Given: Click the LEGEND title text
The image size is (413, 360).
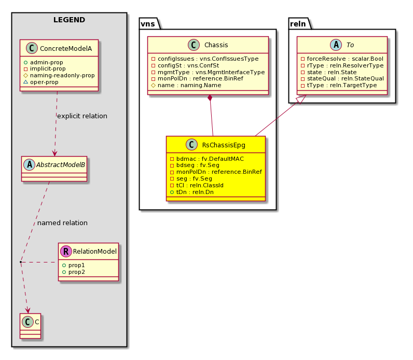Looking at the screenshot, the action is pos(69,20).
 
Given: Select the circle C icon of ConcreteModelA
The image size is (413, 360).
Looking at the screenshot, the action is pos(32,48).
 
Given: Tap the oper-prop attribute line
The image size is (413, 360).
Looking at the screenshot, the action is pos(41,82).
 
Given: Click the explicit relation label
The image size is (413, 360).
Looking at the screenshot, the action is pos(82,116).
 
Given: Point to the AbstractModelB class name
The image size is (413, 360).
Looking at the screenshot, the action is pos(61,165).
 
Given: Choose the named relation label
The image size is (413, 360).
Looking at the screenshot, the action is pos(62,223).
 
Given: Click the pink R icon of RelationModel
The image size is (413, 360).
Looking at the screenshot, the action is pos(66,252).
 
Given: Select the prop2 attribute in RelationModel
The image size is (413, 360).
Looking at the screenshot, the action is pos(74,272).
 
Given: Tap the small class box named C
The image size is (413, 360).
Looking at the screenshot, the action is pos(30,326).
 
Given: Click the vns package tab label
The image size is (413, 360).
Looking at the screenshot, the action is pos(148,24).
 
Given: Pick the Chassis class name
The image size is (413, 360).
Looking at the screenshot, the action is pos(216,45).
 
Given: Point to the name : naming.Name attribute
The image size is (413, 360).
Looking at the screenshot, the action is pos(186,85).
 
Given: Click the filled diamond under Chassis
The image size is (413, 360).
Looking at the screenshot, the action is pos(210,98).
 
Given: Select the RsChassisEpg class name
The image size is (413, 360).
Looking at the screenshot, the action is pos(224,145).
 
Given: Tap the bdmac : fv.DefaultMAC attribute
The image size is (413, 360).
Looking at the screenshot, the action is pos(207,159).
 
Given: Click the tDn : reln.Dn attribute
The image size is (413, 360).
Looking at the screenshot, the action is pos(192,192).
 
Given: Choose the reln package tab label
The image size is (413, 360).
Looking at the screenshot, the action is pos(298,24).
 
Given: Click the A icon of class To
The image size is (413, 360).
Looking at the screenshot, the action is pos(336,45).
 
